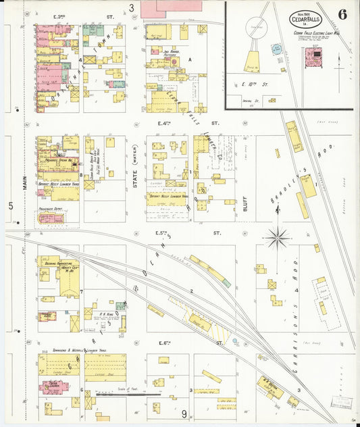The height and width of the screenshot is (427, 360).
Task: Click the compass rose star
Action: click(277, 237)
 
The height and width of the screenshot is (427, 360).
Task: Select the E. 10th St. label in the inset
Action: click(257, 86)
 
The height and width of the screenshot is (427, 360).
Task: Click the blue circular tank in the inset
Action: click(277, 49)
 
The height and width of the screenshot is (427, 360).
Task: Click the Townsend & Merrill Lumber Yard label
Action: click(69, 351)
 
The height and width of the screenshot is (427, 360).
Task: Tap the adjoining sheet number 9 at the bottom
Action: click(183, 413)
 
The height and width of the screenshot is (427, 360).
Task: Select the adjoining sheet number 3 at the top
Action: click(132, 9)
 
